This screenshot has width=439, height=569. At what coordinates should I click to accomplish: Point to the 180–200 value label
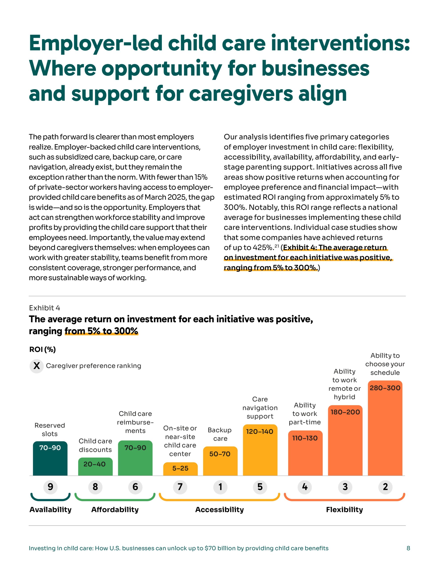tap(345, 412)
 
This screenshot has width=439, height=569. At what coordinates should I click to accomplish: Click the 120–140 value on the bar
tap(260, 432)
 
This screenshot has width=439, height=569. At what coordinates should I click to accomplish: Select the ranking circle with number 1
tap(220, 487)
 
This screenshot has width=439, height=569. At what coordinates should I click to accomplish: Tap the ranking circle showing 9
tap(50, 487)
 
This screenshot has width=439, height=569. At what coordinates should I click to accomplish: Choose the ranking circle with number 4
tap(305, 487)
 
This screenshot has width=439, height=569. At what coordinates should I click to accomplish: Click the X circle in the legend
tap(36, 366)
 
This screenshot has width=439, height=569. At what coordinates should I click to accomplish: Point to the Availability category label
tap(50, 510)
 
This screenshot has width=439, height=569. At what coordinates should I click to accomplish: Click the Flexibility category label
tap(344, 510)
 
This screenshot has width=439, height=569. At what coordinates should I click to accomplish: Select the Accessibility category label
tap(219, 510)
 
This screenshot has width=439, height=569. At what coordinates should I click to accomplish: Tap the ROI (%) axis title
tap(42, 349)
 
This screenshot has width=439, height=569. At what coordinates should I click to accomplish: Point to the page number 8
tap(408, 548)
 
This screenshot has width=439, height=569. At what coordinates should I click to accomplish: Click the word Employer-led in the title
tap(96, 44)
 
